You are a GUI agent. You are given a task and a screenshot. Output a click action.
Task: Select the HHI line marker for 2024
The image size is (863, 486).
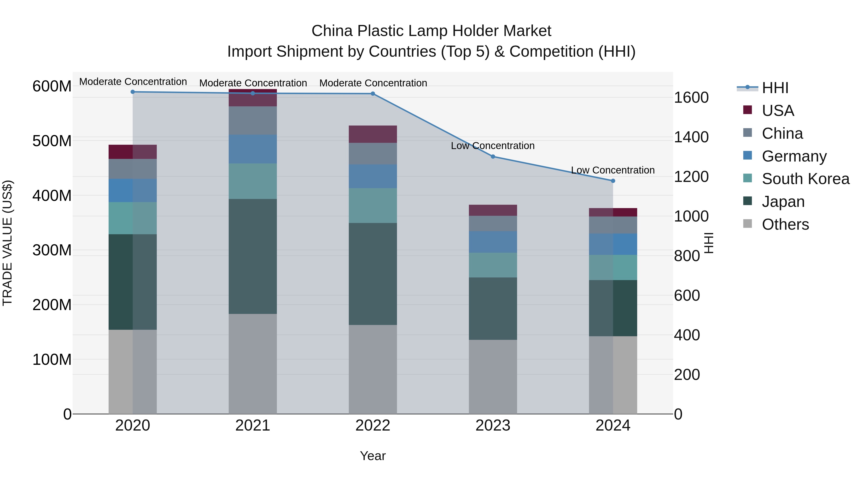click(x=613, y=181)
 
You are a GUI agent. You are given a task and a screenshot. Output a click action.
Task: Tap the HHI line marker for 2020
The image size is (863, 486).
click(x=133, y=92)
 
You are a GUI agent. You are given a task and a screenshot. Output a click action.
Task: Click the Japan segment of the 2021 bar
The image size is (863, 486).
click(x=253, y=257)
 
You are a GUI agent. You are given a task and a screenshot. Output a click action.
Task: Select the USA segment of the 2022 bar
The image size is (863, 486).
click(x=373, y=134)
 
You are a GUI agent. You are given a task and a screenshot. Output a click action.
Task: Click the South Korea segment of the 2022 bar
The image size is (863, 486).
click(x=373, y=206)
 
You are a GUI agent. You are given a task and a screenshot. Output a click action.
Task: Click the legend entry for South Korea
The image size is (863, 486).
click(x=805, y=179)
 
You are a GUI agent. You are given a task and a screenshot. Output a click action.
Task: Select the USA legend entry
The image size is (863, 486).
click(x=778, y=111)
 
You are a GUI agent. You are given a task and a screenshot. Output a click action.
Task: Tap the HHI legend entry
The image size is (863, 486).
click(x=775, y=88)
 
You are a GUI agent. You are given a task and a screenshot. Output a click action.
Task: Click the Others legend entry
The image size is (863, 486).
click(x=785, y=224)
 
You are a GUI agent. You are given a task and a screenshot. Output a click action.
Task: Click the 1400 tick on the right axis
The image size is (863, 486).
click(x=691, y=137)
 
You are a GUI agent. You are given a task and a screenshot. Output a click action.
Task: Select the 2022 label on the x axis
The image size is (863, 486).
click(x=373, y=426)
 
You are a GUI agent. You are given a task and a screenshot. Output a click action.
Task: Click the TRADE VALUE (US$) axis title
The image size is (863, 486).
click(x=8, y=243)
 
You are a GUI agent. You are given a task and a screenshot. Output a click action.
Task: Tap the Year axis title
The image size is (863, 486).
click(x=373, y=456)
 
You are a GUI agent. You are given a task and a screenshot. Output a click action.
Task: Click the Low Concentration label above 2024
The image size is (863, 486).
click(x=612, y=170)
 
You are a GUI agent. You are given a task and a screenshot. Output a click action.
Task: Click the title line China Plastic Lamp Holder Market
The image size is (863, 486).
click(x=431, y=31)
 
